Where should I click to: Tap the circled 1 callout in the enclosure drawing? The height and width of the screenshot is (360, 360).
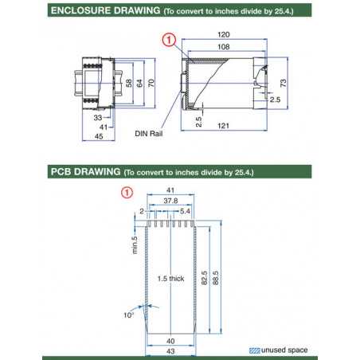[168, 39]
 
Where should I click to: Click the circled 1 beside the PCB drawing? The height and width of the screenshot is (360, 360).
[126, 192]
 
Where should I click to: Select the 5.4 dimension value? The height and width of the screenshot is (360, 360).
[186, 212]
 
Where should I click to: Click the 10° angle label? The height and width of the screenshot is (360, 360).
[127, 315]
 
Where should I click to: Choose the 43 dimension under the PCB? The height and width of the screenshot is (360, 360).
[170, 351]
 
